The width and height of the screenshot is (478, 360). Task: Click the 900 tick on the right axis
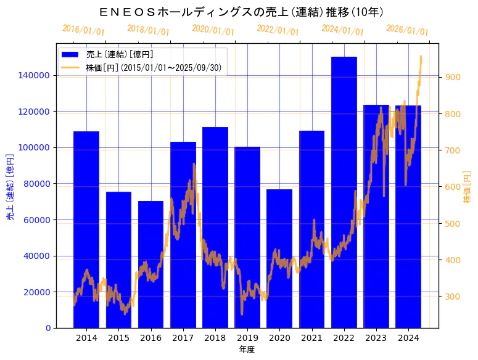[452, 77]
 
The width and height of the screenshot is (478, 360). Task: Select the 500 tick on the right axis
[452, 223]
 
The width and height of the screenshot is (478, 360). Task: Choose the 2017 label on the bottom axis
[183, 338]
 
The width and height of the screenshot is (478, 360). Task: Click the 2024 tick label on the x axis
[408, 338]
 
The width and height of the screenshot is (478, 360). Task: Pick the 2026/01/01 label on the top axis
[407, 30]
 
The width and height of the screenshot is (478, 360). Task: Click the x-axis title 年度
[247, 350]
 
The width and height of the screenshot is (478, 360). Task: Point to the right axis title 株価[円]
[467, 187]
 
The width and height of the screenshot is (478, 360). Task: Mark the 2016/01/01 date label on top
[83, 30]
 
